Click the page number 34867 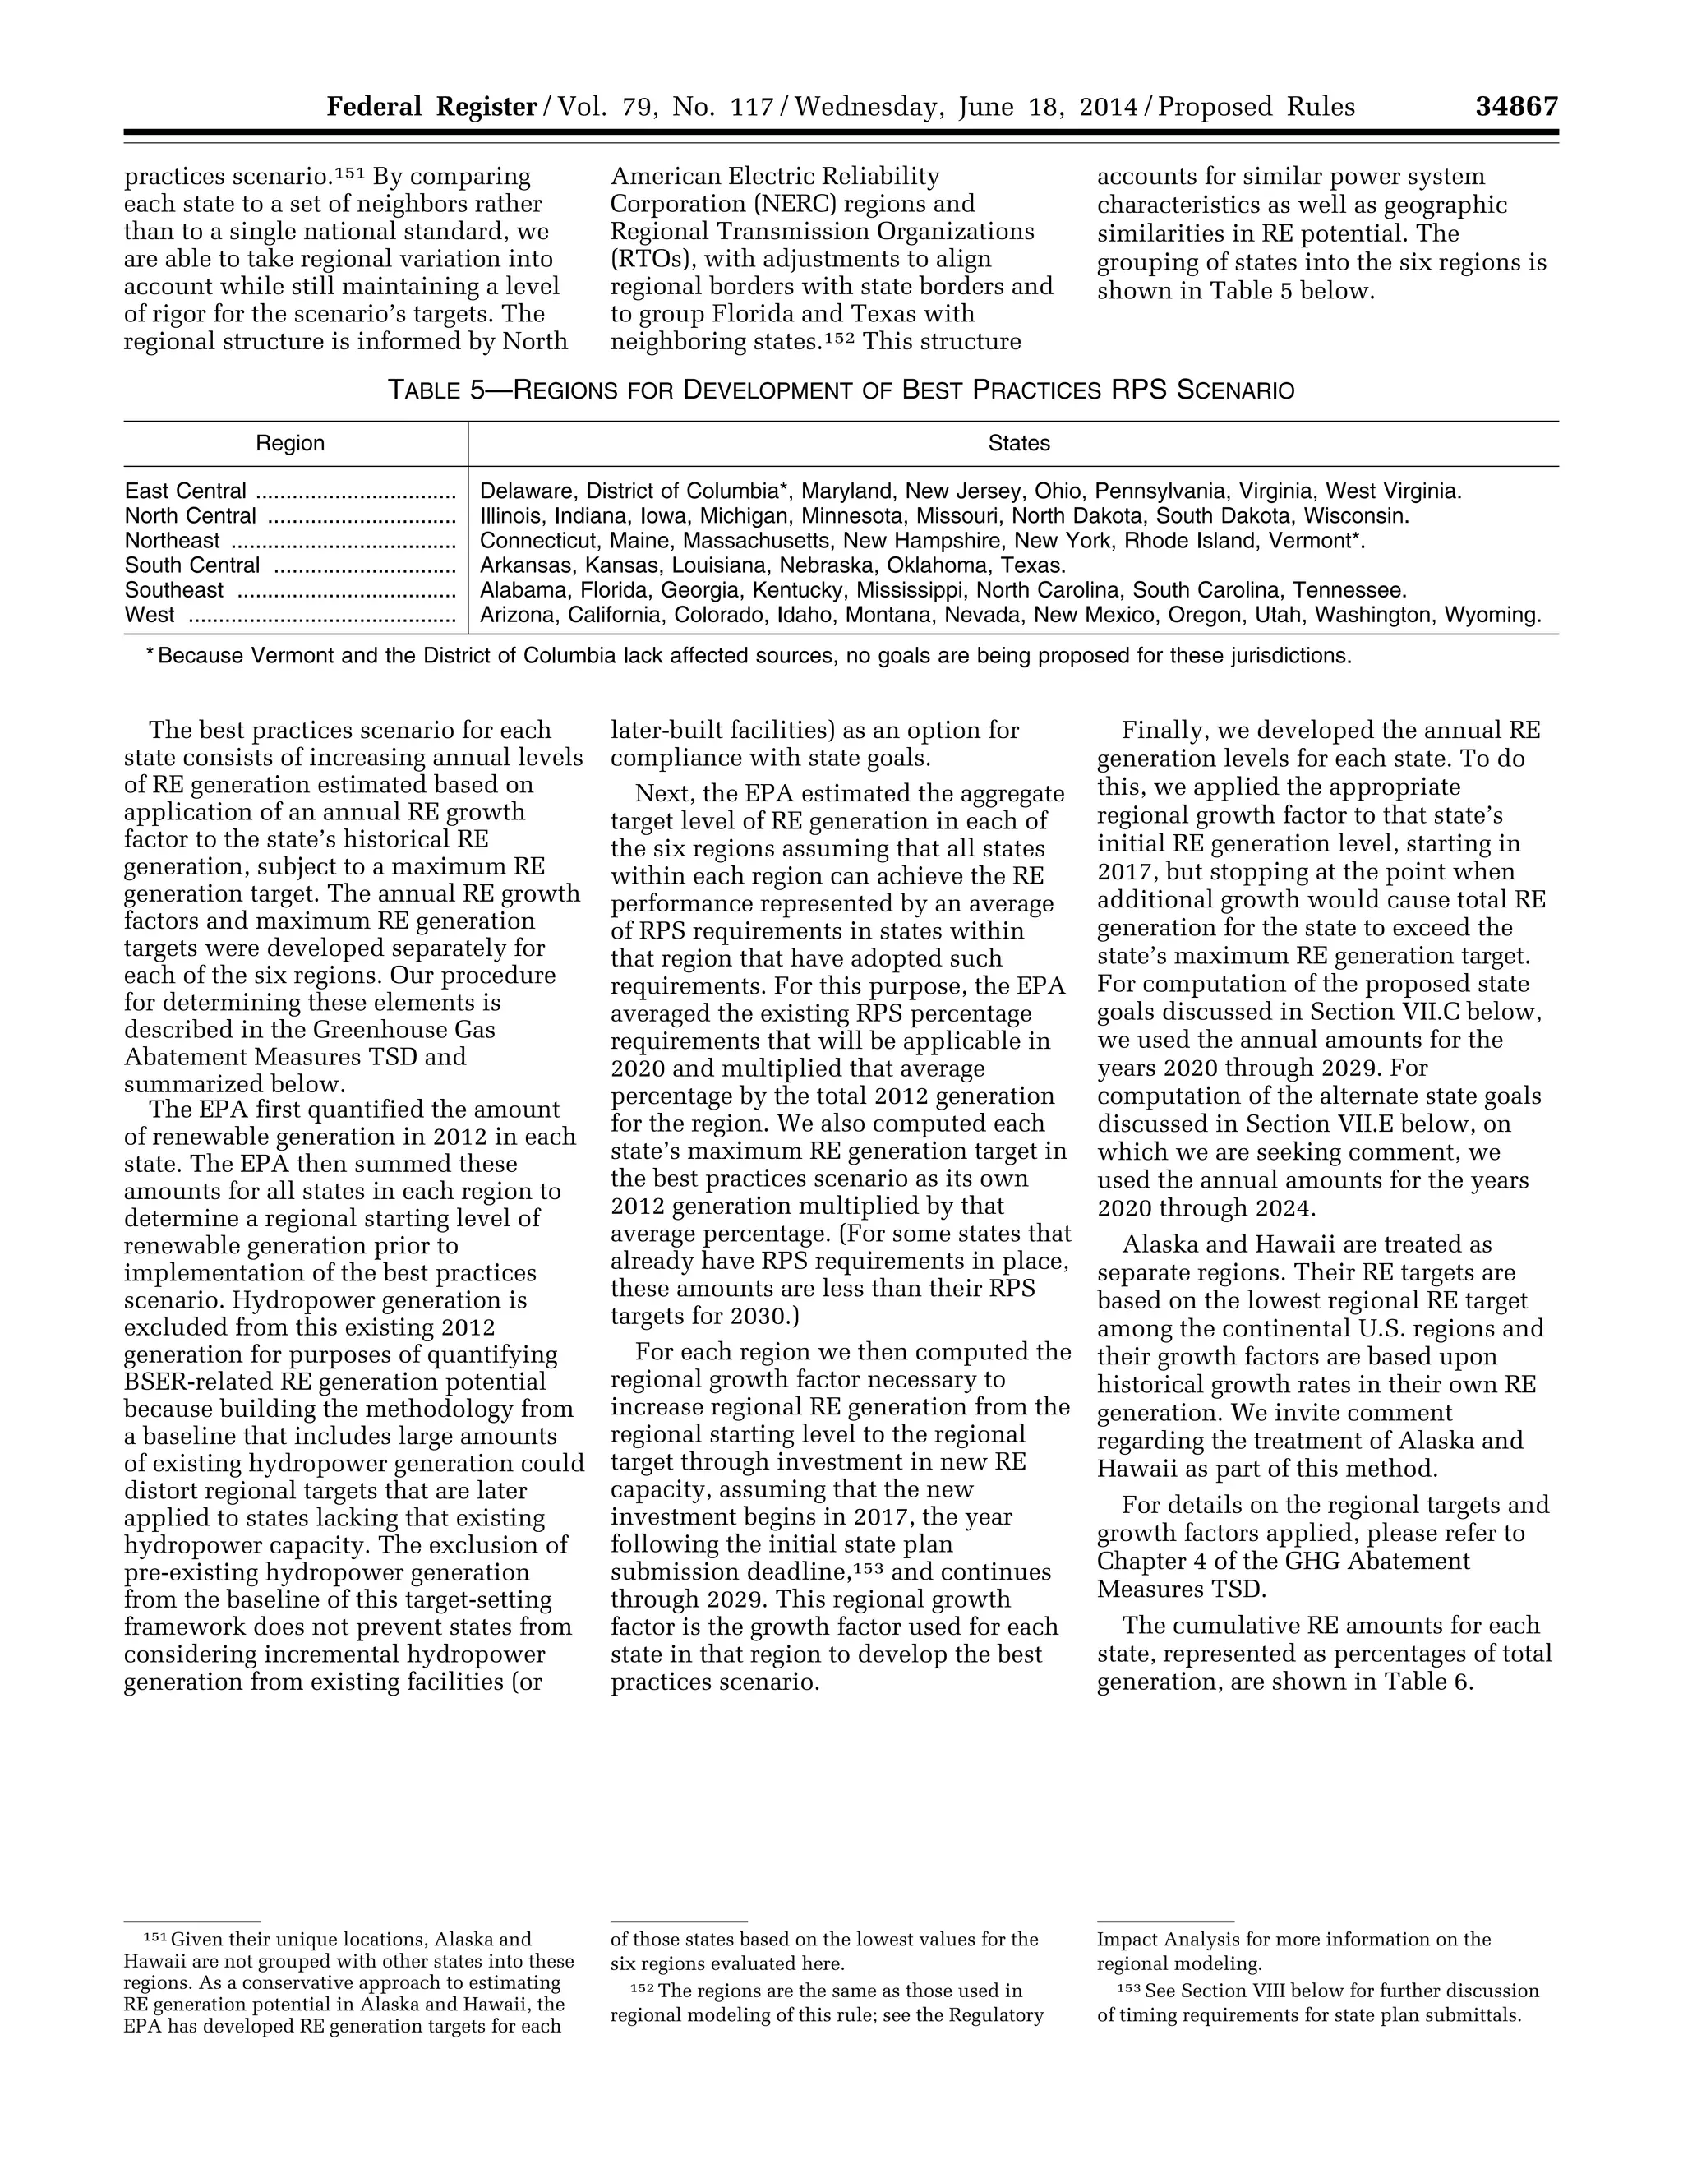coord(1516,107)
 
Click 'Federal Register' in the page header coord(431,107)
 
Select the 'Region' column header coord(290,444)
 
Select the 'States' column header coord(1019,444)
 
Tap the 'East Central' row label coord(186,491)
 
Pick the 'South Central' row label coord(192,565)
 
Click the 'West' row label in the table coord(150,616)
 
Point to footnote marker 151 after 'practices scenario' coord(349,173)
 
